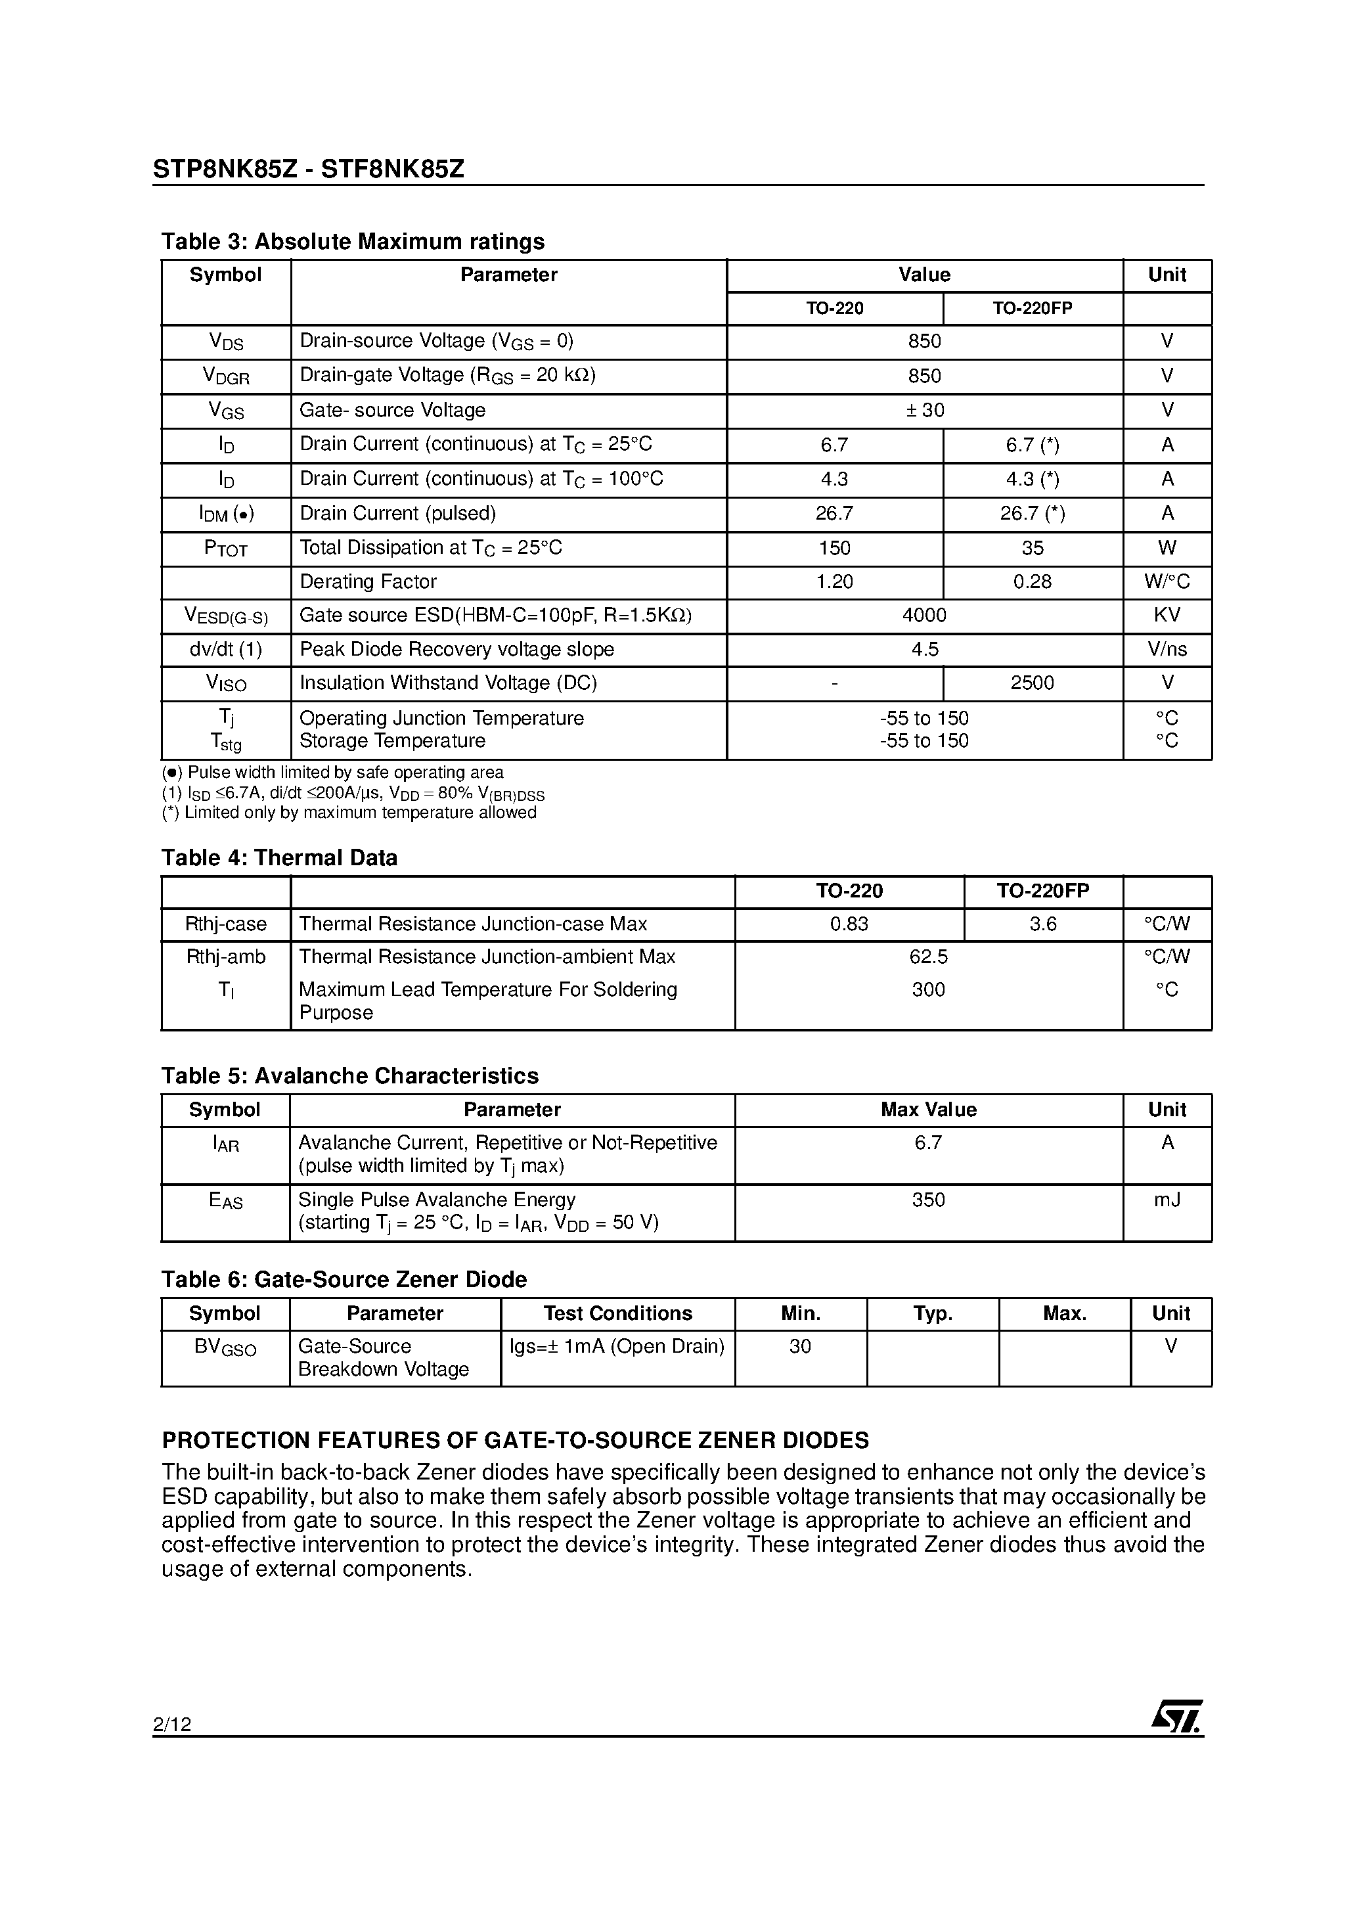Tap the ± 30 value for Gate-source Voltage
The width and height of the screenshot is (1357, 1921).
[x=923, y=410]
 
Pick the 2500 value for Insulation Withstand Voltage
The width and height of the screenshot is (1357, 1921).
[x=1032, y=683]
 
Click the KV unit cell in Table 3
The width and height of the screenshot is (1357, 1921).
[x=1167, y=615]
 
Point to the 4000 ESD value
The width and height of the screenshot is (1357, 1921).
[x=923, y=615]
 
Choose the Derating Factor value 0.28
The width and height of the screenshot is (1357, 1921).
[x=1032, y=581]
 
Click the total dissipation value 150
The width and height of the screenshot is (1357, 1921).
[x=834, y=548]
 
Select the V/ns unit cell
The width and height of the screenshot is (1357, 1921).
[x=1167, y=649]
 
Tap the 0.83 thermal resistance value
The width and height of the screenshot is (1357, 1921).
[x=849, y=924]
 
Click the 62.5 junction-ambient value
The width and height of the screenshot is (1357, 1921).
[x=928, y=957]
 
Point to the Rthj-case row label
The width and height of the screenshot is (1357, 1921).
[x=225, y=924]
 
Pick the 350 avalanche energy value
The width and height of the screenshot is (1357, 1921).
[x=928, y=1200]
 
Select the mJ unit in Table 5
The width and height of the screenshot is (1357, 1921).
[x=1167, y=1200]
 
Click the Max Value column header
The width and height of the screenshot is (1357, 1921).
[x=928, y=1110]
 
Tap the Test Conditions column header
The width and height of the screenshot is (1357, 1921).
[x=617, y=1313]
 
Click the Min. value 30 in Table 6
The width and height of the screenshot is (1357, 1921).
[x=800, y=1346]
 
